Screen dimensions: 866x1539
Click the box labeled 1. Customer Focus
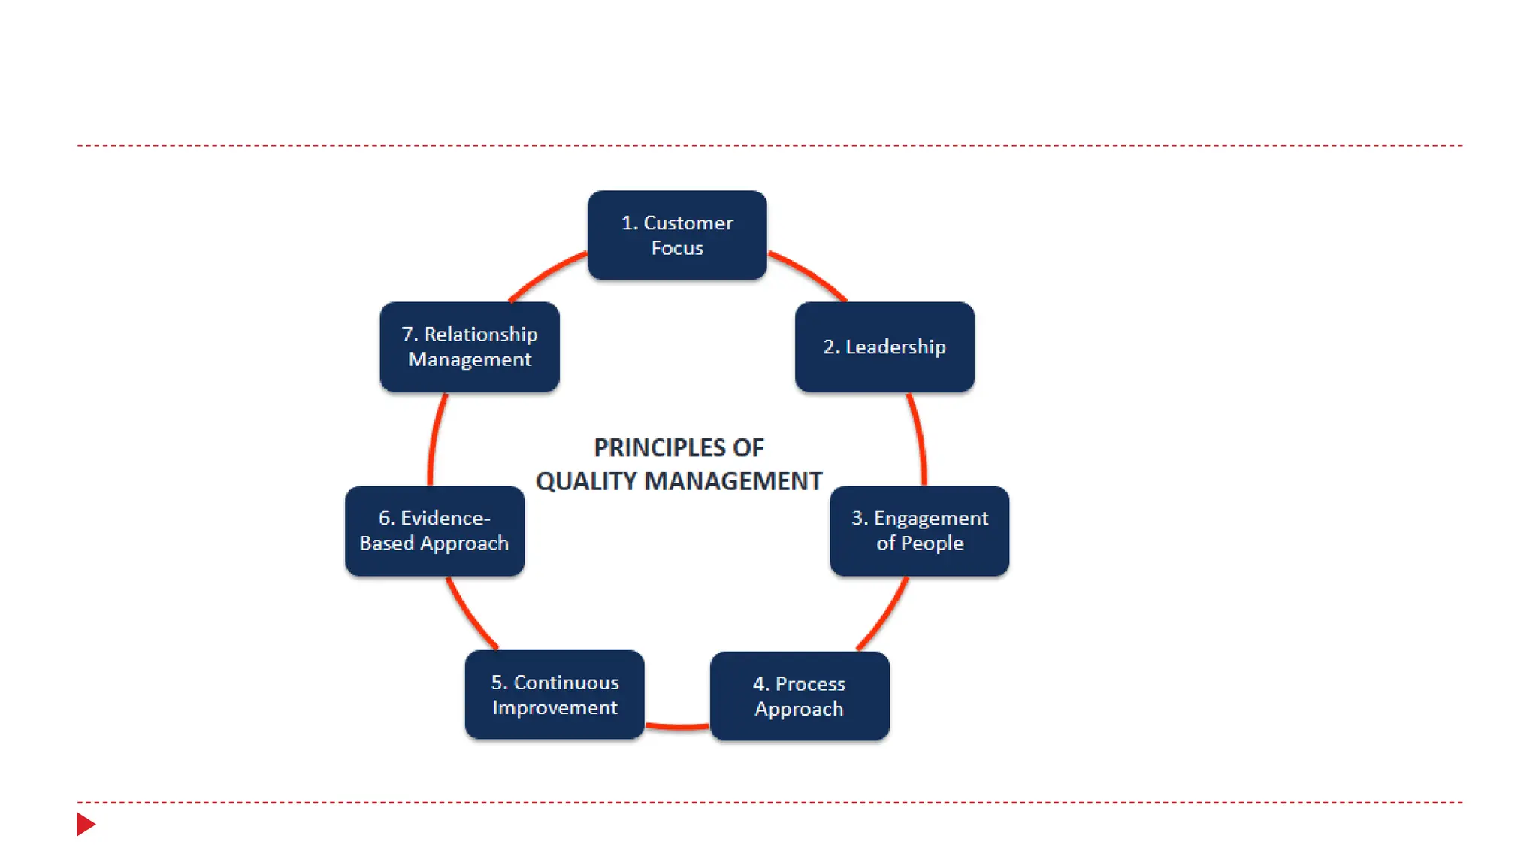coord(676,235)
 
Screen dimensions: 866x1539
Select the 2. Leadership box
coord(884,347)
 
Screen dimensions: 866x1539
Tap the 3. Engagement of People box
coord(919,531)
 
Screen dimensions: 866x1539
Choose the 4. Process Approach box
coord(799,695)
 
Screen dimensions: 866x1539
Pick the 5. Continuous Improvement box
coord(555,695)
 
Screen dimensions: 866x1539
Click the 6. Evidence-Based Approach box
coord(434,531)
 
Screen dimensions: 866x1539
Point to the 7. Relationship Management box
coord(469,347)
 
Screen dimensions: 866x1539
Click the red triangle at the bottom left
coord(86,824)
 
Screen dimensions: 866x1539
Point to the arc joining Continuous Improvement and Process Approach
coord(677,726)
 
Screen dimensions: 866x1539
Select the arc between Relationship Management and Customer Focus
coord(546,274)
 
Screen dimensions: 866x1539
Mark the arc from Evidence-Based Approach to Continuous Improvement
coord(470,615)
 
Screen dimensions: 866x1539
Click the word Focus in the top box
coord(676,248)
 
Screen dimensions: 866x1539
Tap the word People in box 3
coord(932,544)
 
